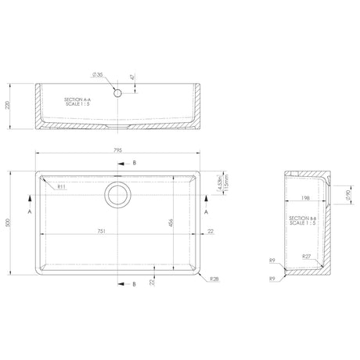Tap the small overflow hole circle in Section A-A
click(x=118, y=92)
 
